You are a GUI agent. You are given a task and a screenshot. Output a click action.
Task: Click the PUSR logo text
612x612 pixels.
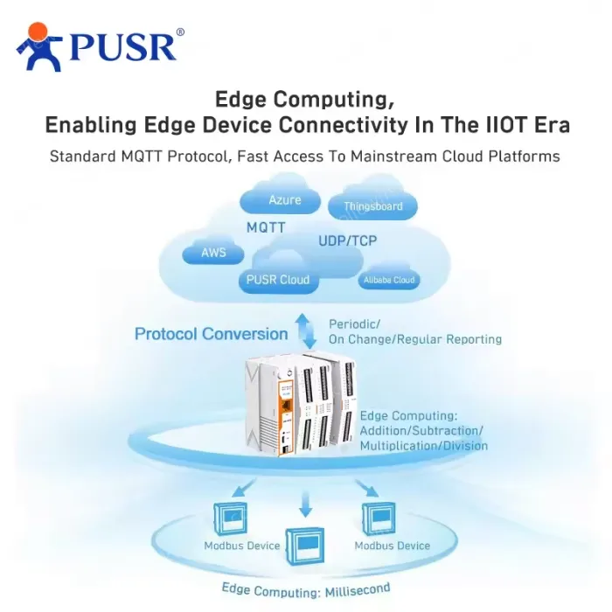click(122, 47)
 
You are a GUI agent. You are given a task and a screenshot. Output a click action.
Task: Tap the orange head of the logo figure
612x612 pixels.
click(38, 32)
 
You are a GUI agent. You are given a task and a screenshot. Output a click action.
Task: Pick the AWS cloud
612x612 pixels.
click(213, 252)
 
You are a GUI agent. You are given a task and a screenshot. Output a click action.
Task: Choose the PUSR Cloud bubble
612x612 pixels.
click(278, 279)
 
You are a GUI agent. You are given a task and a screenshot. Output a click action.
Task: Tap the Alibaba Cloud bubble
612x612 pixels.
click(389, 280)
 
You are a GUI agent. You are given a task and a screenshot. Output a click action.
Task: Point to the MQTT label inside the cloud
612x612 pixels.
click(266, 227)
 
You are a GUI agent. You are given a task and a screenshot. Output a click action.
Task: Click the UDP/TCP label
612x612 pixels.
click(347, 240)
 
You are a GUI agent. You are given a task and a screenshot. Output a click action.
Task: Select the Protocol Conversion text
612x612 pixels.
click(212, 334)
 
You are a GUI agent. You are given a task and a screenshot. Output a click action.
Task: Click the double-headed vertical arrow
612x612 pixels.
click(306, 331)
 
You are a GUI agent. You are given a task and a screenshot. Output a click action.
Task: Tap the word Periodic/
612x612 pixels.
click(354, 324)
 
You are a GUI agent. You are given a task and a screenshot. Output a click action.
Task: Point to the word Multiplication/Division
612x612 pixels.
click(423, 446)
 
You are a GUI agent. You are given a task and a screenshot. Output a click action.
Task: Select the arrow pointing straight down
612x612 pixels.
click(306, 504)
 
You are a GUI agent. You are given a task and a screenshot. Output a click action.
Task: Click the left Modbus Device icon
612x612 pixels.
click(230, 518)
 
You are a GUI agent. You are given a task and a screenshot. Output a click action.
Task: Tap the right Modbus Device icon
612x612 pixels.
click(379, 518)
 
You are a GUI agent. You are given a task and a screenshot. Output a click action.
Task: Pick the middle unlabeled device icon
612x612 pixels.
click(305, 546)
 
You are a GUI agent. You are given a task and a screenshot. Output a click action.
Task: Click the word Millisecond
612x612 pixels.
click(358, 590)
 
